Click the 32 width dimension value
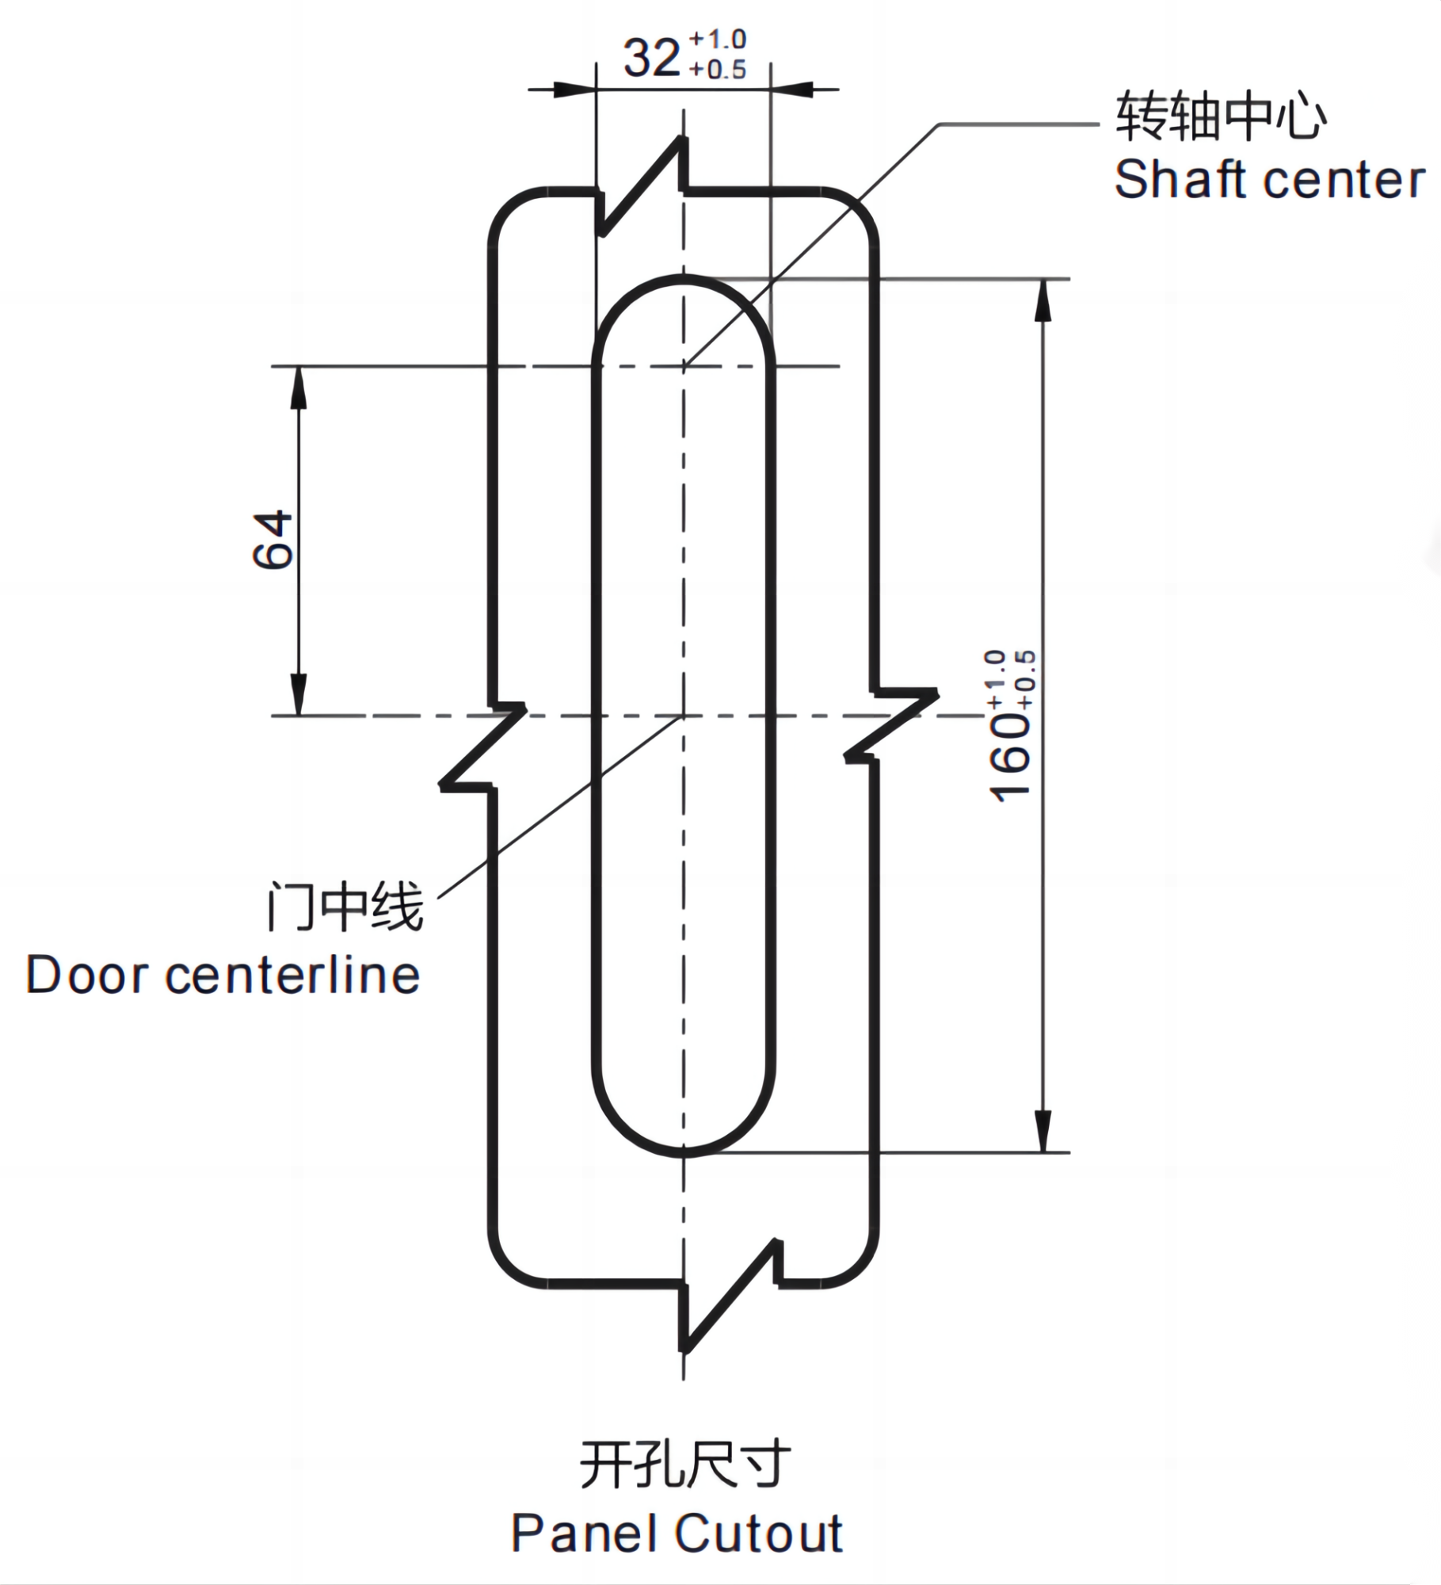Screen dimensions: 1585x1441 [652, 59]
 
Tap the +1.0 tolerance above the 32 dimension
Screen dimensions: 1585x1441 [718, 39]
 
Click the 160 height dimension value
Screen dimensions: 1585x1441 [1010, 757]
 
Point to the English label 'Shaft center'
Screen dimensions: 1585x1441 [1269, 180]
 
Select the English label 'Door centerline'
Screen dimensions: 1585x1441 [223, 975]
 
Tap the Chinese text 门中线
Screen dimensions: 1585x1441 [345, 908]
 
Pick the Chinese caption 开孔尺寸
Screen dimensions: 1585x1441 [685, 1465]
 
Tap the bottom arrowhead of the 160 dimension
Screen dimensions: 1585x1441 [1043, 1132]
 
